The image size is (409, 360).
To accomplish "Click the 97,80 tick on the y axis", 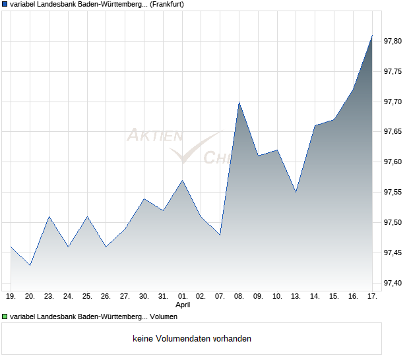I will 393,41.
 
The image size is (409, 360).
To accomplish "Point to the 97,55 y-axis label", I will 393,192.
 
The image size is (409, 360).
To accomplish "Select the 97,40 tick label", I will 393,283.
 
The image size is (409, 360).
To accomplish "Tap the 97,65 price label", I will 393,132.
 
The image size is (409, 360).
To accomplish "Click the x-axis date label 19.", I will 11,296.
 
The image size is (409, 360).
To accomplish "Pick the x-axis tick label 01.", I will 183,296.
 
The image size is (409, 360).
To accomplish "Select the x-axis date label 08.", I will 239,296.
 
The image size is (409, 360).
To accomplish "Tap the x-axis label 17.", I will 372,296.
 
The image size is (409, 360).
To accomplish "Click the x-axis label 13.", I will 296,296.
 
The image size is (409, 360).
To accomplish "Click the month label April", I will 183,305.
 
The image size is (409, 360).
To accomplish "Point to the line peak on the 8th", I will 239,102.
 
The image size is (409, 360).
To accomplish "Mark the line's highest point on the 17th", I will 372,35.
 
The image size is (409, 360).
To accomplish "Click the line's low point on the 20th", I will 30,265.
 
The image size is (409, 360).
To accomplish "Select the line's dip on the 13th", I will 296,192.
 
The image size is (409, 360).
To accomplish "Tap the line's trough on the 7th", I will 220,235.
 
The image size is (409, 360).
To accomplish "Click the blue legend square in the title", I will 5,5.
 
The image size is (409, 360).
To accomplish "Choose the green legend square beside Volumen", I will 5,316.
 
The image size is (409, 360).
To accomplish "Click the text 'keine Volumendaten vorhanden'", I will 192,339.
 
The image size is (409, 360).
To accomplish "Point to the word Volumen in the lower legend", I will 164,316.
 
